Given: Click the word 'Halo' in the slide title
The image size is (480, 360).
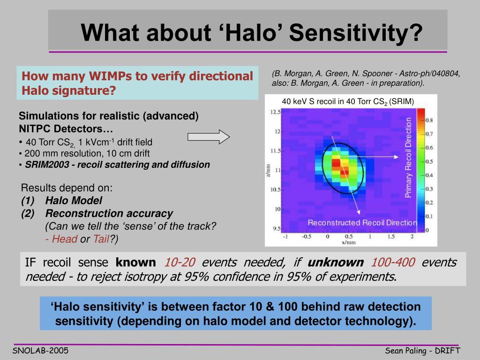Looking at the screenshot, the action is pos(252,32).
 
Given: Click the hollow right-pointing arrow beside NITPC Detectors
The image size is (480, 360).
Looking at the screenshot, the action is pos(209,136).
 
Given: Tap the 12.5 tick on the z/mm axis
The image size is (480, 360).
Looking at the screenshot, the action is pos(275,112).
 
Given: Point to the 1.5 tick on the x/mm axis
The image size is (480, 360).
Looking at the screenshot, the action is pos(391,236).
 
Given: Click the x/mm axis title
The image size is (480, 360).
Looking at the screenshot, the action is pos(349,242).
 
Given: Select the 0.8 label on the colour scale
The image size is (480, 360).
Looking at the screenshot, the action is pos(429,120).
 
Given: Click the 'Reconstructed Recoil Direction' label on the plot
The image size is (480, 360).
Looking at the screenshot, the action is pos(362,223).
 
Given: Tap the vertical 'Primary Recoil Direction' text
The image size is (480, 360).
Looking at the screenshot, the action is pos(408,157).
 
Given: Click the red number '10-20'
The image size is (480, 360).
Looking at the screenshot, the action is pos(180,262).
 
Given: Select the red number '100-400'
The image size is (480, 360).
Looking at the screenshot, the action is pos(393,262).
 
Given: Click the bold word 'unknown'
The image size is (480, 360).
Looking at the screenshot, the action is pos(336,262).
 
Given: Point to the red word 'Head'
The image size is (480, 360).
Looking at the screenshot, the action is pos(65,239).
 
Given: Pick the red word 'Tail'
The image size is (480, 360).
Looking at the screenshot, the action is pos(101,239).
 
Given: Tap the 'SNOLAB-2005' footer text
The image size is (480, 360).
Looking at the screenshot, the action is pos(40,351).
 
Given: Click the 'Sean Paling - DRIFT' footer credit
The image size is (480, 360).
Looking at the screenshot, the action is pos(422,351).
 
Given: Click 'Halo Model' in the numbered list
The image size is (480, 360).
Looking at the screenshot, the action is pos(74,201).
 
